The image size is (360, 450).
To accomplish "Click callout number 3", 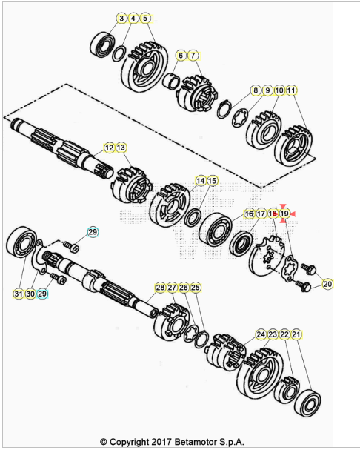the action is [121, 19].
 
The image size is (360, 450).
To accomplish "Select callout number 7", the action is [193, 56].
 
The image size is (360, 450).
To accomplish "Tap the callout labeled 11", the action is [291, 90].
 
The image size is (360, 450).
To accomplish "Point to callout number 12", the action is [109, 148].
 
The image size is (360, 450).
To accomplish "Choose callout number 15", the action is [212, 181].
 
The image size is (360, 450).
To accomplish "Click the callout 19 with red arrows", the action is [284, 214].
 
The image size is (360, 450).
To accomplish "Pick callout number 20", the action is [327, 284].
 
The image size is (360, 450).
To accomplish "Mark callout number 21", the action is [296, 334].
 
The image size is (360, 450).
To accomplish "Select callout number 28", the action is [160, 288].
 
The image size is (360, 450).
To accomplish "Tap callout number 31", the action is [19, 294].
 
